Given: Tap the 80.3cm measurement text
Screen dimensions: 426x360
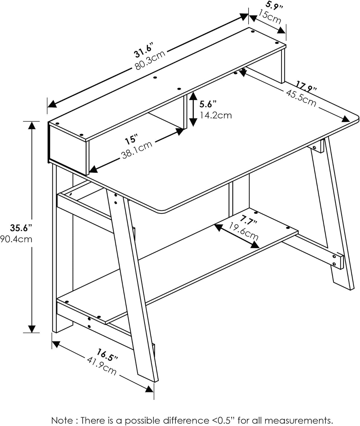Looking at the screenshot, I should coord(150,60).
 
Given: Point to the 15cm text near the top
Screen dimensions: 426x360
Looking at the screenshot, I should coord(270,16).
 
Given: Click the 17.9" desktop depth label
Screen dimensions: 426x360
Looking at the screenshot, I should coord(306,86).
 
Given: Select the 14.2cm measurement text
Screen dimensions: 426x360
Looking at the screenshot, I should coord(215,115).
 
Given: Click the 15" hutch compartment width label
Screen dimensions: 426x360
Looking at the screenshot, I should coord(131,140).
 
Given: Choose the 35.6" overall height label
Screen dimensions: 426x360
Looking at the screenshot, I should coord(21,228).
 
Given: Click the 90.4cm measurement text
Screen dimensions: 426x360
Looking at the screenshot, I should coord(16,239).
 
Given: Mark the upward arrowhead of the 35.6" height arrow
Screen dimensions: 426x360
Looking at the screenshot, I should coord(32,125).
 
